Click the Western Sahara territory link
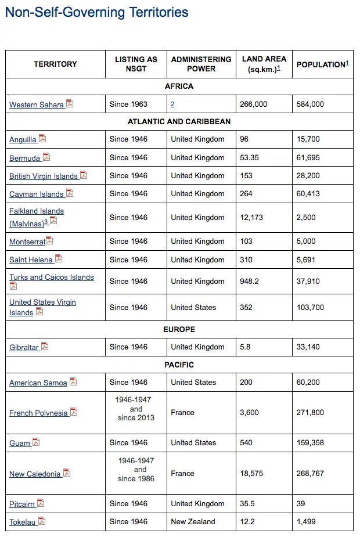[x=36, y=104]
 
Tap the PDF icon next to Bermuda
[x=46, y=157]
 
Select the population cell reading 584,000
[x=310, y=104]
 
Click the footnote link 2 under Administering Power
[x=172, y=104]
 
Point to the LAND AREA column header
[x=264, y=64]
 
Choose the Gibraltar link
[x=24, y=347]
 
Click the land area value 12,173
[x=251, y=218]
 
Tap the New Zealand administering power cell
[x=193, y=522]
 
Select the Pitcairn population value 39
[x=301, y=504]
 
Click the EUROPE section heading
[x=179, y=329]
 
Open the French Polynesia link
[x=38, y=413]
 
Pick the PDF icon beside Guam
[x=36, y=442]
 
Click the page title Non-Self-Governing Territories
[x=96, y=12]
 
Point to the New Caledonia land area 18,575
[x=251, y=474]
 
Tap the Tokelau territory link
[x=22, y=522]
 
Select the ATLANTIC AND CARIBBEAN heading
[x=179, y=122]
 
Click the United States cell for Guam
[x=193, y=443]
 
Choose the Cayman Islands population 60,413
[x=308, y=194]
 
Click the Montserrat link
[x=27, y=242]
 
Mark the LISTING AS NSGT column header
[x=136, y=64]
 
